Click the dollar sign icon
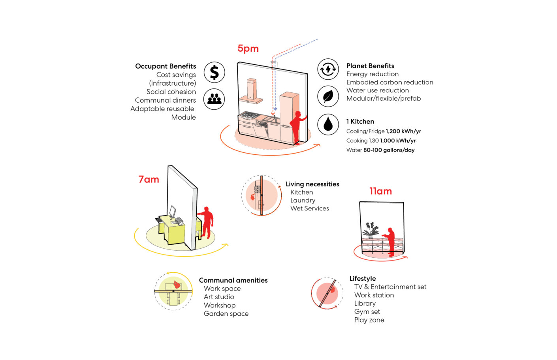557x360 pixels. pos(215,72)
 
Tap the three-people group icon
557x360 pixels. pos(214,99)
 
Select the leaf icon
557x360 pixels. pos(328,96)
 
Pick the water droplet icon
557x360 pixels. pos(328,124)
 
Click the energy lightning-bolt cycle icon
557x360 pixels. pos(328,69)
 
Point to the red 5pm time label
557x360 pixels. pos(248,49)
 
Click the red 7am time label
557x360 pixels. pos(149,179)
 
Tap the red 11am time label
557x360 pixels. pos(380,191)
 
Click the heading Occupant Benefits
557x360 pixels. pos(166,66)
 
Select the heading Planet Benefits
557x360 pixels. pos(370,66)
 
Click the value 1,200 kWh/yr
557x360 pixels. pos(403,131)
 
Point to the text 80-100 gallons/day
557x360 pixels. pos(389,150)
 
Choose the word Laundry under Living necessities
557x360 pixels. pos(303,200)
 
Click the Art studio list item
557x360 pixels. pos(219,297)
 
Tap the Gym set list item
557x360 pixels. pos(367,312)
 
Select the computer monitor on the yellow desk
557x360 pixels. pos(172,212)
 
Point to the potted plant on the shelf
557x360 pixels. pos(370,230)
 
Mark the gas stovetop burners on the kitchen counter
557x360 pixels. pos(249,115)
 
